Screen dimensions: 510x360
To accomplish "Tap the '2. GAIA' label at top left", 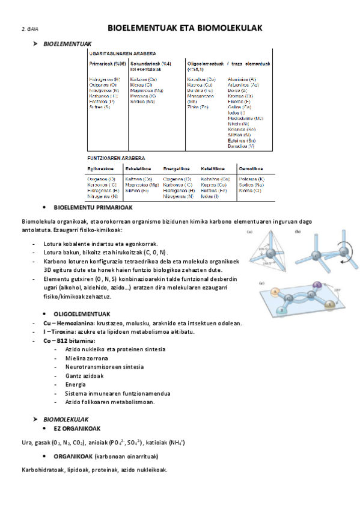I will click(30, 29).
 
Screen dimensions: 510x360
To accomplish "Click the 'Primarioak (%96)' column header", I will click(108, 64).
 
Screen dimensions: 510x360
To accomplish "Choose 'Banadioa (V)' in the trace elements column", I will click(242, 146).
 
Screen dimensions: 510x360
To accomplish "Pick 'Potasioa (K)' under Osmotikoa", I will click(253, 179).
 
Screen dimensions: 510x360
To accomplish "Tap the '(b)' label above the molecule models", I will click(297, 215).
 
